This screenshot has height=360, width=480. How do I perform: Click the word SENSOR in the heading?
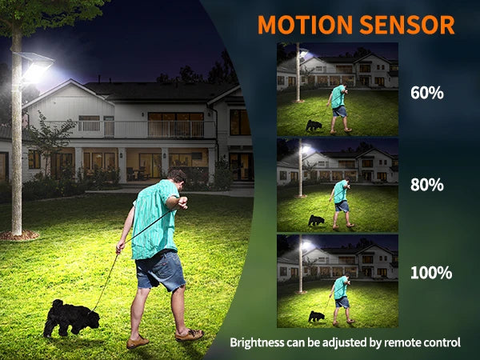[x=407, y=24]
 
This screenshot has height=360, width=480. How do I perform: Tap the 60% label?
[x=426, y=93]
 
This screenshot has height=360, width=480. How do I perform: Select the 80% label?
[x=426, y=185]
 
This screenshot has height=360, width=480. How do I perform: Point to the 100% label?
[x=431, y=273]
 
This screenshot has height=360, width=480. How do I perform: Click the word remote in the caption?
[x=402, y=342]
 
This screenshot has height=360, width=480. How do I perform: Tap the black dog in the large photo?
[x=71, y=318]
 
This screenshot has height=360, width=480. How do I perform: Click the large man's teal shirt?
[x=156, y=219]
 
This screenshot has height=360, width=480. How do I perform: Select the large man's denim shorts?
[x=160, y=270]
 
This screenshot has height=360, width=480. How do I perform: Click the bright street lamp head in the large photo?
[x=35, y=67]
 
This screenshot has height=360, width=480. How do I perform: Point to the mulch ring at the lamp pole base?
[x=19, y=235]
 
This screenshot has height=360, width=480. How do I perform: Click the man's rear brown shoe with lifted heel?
[x=190, y=334]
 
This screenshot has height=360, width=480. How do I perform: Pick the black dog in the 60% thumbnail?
[x=314, y=126]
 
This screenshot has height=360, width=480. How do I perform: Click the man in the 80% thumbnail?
[x=341, y=203]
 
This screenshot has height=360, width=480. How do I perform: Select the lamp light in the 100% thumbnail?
[x=306, y=245]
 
